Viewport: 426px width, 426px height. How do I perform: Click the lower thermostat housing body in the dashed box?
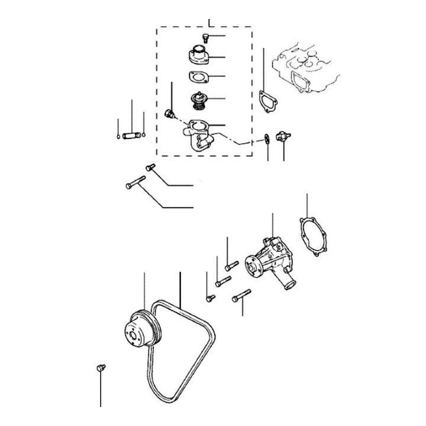(x=198, y=135)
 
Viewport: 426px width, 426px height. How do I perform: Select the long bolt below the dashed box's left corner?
(x=135, y=183)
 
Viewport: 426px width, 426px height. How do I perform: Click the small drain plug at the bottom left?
(x=100, y=369)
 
